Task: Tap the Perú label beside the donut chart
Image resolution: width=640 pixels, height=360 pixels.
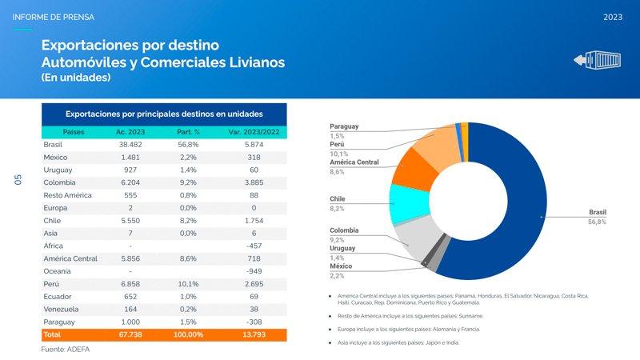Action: (x=337, y=144)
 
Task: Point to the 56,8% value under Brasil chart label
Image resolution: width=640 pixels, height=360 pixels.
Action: (x=596, y=222)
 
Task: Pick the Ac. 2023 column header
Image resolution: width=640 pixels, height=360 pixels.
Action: (x=130, y=131)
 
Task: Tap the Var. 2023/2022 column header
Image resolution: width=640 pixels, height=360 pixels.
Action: (x=253, y=131)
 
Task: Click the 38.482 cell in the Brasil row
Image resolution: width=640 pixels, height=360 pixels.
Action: (x=130, y=145)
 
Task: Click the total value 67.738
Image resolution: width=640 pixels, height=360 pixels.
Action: (x=130, y=334)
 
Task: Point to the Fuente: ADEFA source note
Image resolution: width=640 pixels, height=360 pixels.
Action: (x=66, y=350)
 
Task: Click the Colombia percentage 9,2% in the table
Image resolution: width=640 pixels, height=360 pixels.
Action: (x=188, y=182)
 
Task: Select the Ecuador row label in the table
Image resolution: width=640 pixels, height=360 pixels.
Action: (x=57, y=296)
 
